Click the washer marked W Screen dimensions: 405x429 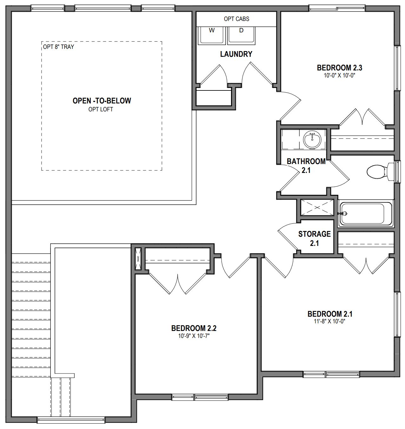(211, 36)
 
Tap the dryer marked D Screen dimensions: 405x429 (241, 36)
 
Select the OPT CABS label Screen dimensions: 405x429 (236, 19)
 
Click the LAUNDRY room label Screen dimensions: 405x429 (236, 54)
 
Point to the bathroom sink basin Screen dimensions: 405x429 (312, 139)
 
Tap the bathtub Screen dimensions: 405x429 (366, 214)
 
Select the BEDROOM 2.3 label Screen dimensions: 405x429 (340, 68)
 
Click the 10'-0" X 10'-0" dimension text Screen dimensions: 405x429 (340, 76)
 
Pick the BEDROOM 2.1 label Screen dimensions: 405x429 (330, 314)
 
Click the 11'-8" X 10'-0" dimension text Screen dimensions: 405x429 (329, 321)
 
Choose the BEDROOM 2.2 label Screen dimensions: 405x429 (194, 328)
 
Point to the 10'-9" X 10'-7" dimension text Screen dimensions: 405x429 (194, 336)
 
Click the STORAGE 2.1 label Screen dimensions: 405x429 (315, 239)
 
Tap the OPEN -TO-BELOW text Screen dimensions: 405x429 (102, 101)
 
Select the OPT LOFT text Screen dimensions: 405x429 (101, 109)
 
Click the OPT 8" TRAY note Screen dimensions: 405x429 (59, 47)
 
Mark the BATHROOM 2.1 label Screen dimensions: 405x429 (306, 166)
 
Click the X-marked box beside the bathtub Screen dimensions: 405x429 (317, 208)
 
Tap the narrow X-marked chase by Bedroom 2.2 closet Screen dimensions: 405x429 (138, 259)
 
